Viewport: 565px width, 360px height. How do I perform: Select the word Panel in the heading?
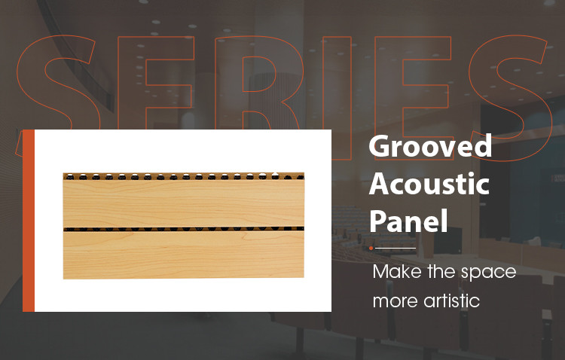point(408,221)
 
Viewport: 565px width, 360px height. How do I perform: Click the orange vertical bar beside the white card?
point(29,220)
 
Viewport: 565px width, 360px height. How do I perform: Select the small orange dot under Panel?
point(371,248)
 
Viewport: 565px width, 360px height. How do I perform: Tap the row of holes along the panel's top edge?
point(184,178)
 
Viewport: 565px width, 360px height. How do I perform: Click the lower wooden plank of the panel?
point(184,254)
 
